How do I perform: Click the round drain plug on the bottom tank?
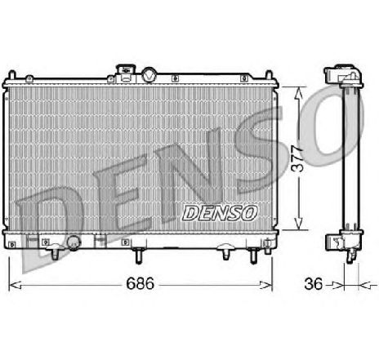point(74,242)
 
